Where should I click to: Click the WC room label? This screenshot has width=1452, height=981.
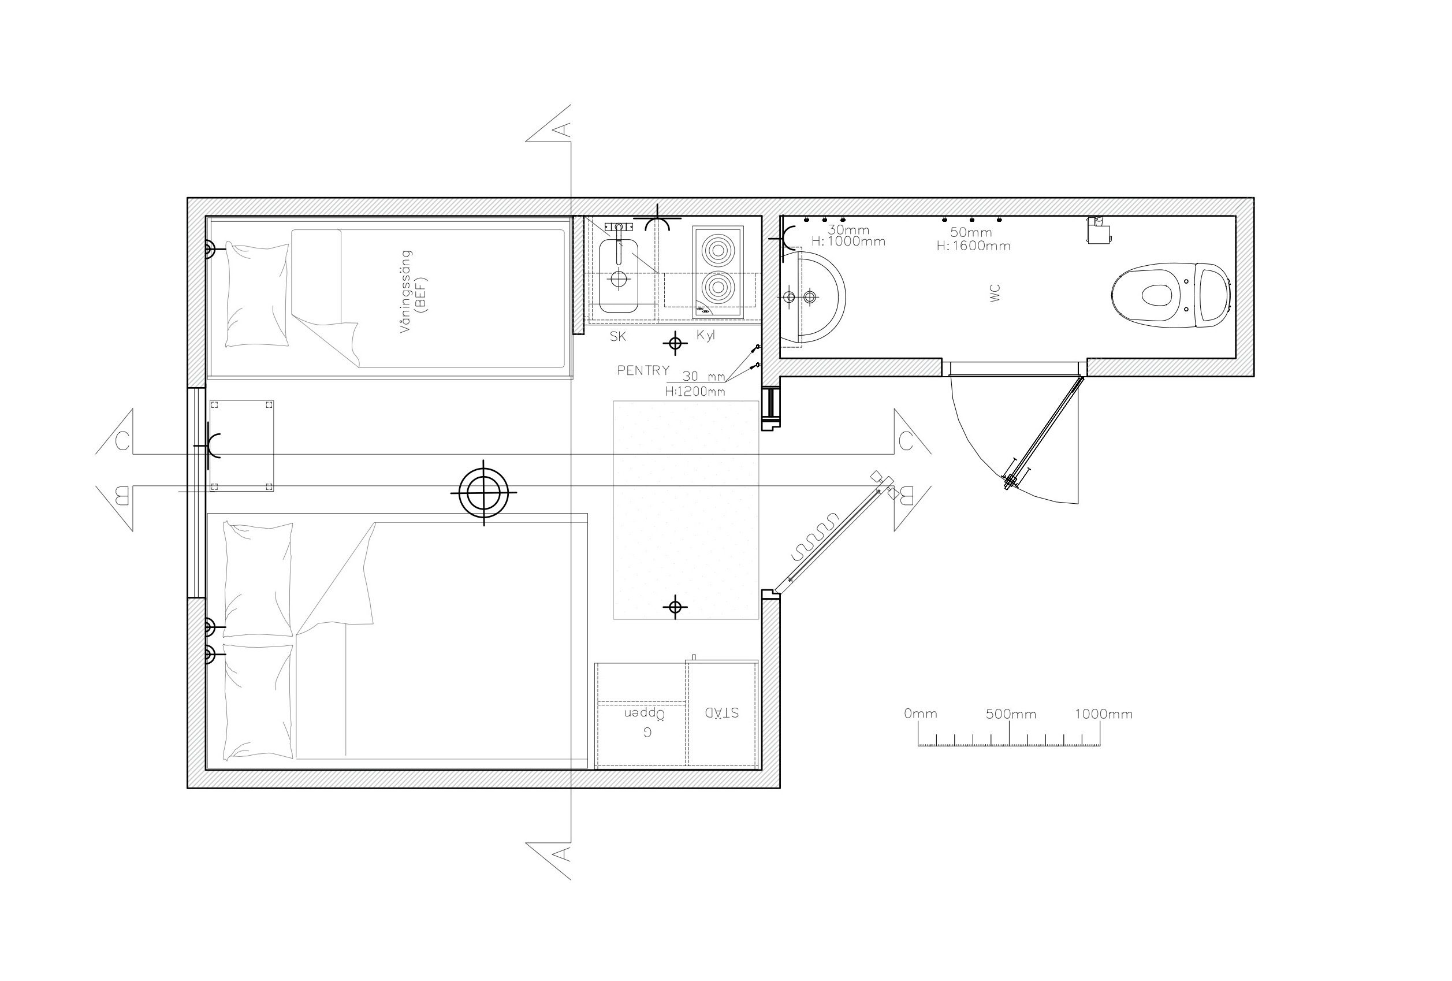pos(995,293)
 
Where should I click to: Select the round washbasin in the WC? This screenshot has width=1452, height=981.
pos(813,298)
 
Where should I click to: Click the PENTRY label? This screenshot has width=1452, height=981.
pos(643,370)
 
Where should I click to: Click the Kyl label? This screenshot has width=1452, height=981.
pos(705,336)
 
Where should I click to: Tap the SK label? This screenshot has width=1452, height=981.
pos(618,337)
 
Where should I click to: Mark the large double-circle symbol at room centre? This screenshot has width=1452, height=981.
pos(483,492)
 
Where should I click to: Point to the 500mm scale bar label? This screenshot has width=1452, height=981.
pos(1011,714)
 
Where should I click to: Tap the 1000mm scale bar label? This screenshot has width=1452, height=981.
pos(1103,714)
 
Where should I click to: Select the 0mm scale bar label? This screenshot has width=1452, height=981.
pos(920,714)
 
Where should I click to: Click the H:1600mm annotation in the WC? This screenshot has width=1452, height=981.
pos(973,246)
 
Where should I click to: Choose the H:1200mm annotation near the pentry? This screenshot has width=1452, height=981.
pos(695,392)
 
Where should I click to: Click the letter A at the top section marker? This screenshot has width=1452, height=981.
pos(563,129)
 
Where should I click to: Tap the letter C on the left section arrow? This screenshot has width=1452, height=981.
pos(122,440)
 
